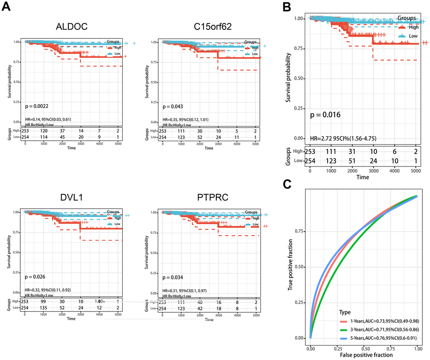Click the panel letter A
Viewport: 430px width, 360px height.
tap(7, 8)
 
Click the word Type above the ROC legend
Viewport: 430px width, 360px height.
tap(346, 312)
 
